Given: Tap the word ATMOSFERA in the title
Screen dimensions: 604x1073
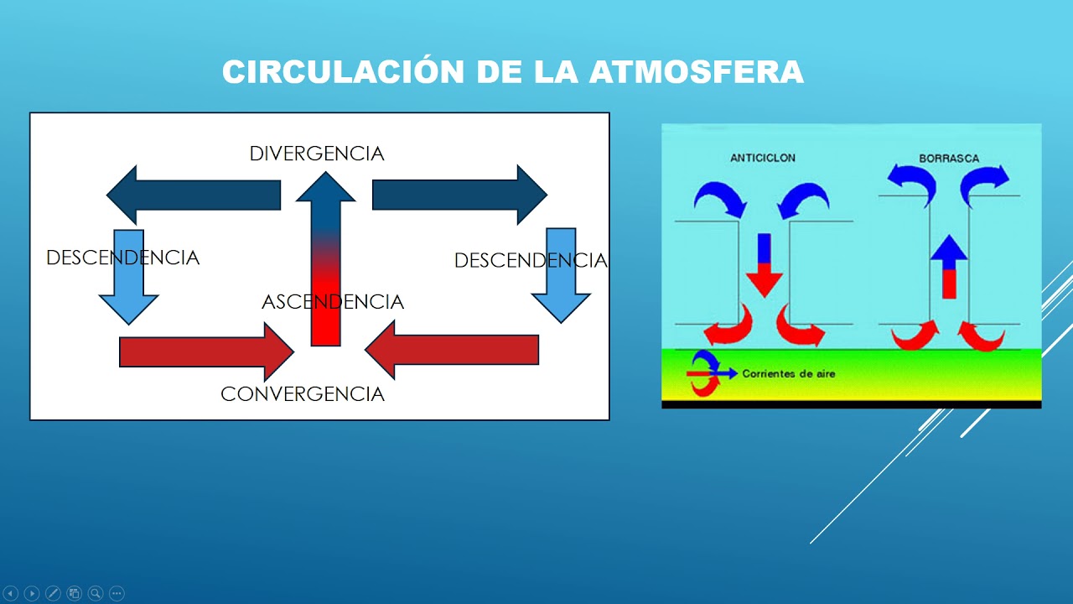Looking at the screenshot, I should [x=696, y=72].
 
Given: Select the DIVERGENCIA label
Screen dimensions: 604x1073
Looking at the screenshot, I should [x=316, y=154].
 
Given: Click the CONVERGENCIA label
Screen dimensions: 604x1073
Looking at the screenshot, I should [x=302, y=394].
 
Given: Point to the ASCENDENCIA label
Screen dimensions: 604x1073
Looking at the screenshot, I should [x=333, y=302].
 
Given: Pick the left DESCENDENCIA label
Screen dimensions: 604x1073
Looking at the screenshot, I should [x=122, y=258].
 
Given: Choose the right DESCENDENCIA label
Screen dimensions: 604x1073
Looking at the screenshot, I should [x=530, y=261].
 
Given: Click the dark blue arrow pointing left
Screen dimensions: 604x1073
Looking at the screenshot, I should [x=193, y=195].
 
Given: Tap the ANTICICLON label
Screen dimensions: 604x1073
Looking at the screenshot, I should [x=762, y=158].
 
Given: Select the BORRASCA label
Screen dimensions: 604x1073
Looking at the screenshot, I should [x=948, y=158].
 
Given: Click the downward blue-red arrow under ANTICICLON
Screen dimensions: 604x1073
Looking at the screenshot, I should [x=764, y=264].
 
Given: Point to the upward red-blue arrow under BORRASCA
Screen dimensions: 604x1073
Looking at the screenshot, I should [x=949, y=267].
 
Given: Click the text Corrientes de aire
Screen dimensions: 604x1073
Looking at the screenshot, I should [x=788, y=373].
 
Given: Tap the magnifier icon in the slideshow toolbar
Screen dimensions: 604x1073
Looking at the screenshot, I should [x=95, y=593].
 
